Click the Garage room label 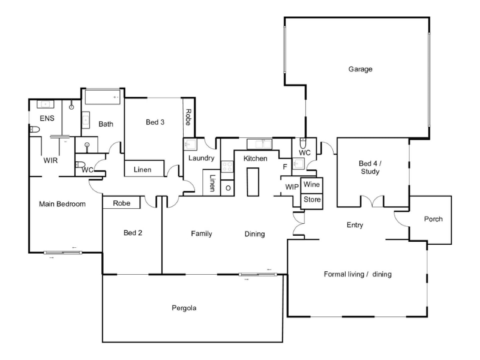[361, 69]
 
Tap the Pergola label [184, 308]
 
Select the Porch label [433, 219]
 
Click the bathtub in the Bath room [102, 97]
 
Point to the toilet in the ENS [35, 130]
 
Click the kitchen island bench [253, 182]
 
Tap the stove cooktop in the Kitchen [227, 167]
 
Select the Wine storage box [311, 185]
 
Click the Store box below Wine [311, 201]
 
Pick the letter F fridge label [285, 167]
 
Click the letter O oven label [228, 188]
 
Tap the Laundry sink [190, 144]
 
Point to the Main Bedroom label [62, 204]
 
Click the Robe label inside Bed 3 [188, 117]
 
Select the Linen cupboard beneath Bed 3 [144, 169]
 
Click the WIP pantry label [292, 187]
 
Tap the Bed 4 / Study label [370, 167]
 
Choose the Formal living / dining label [358, 274]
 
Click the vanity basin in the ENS [46, 104]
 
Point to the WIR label [50, 160]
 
